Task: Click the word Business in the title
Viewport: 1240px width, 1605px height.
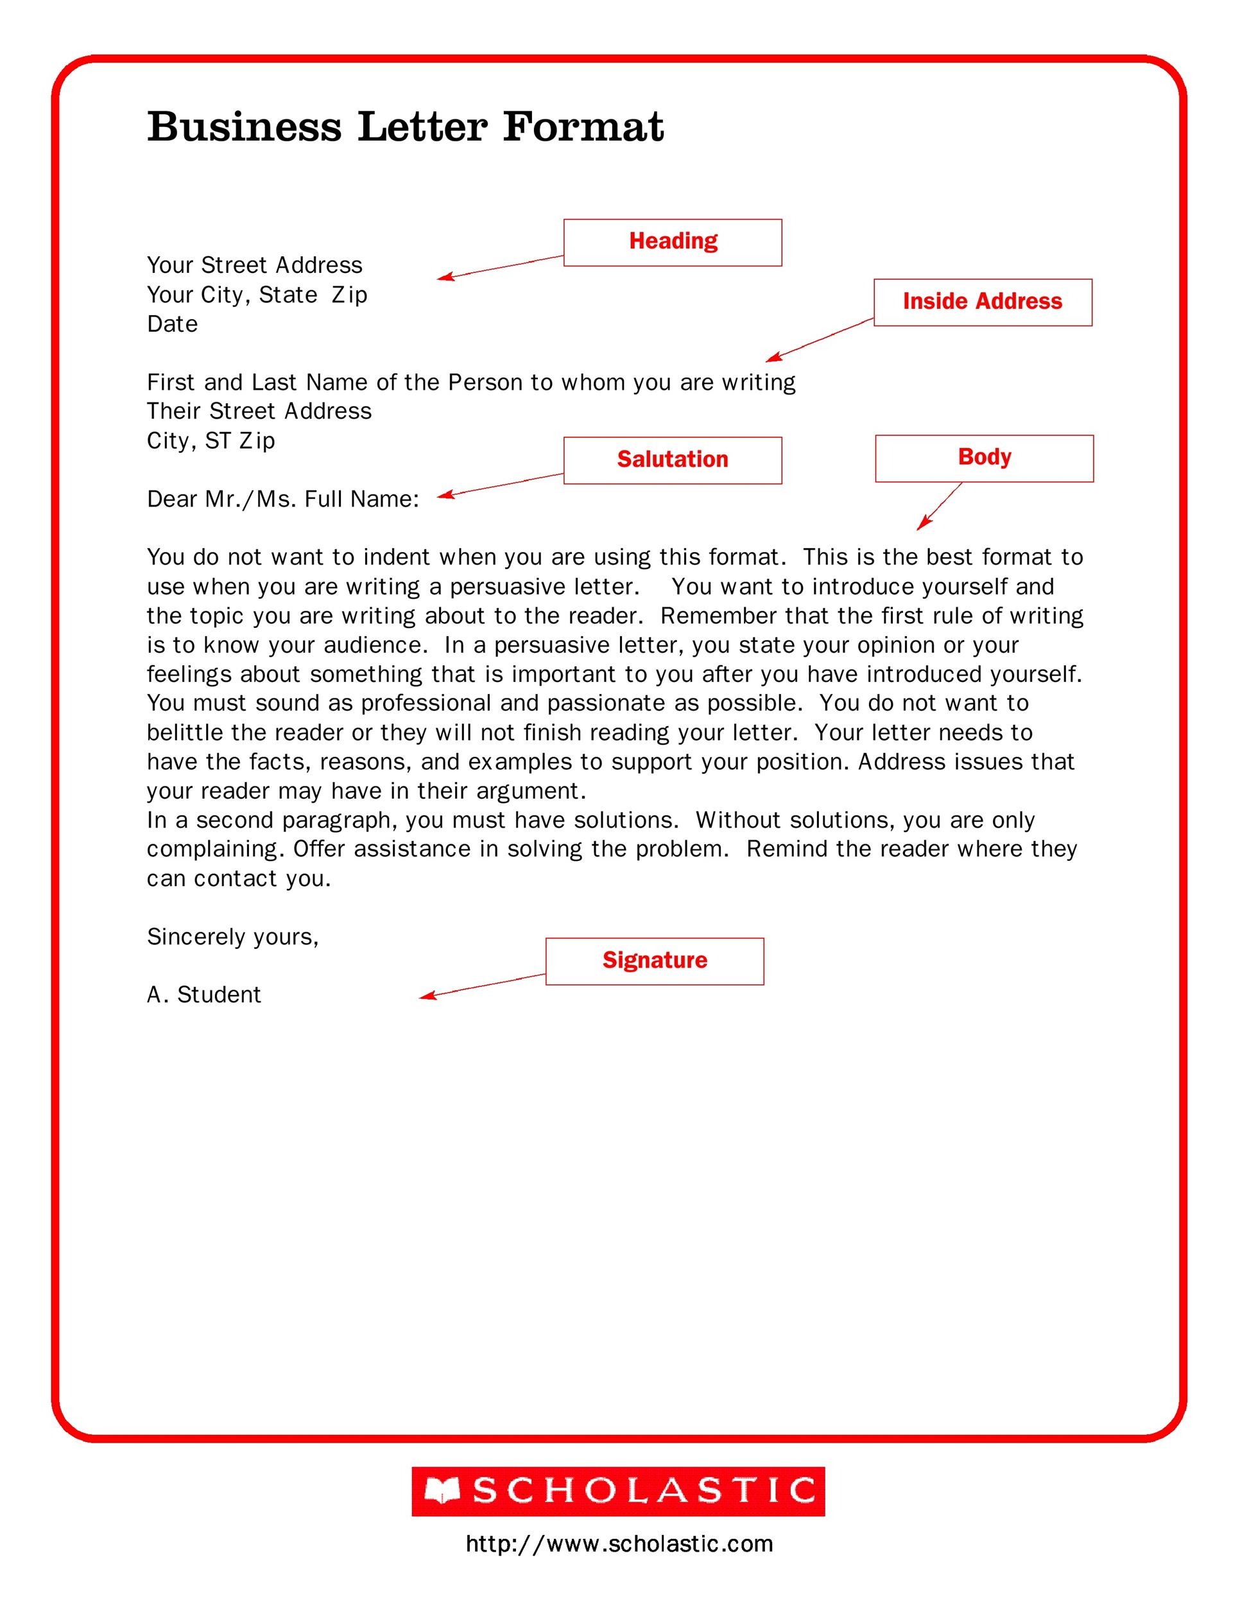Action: pyautogui.click(x=244, y=126)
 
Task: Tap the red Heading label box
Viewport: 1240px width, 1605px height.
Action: pyautogui.click(x=672, y=242)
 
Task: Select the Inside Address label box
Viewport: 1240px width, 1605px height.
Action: pyautogui.click(x=982, y=302)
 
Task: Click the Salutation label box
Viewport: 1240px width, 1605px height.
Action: pyautogui.click(x=672, y=460)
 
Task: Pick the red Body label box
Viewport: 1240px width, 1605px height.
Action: pyautogui.click(x=984, y=458)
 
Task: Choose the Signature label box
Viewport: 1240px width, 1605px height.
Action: pyautogui.click(x=654, y=960)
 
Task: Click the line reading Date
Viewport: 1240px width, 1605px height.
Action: pyautogui.click(x=173, y=324)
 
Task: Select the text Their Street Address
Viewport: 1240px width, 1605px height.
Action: pyautogui.click(x=259, y=411)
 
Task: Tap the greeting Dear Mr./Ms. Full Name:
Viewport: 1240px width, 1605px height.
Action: pyautogui.click(x=283, y=499)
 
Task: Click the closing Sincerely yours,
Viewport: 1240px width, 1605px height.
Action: pyautogui.click(x=232, y=936)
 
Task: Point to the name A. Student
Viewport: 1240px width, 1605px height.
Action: pyautogui.click(x=203, y=994)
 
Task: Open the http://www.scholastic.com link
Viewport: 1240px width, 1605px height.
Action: pyautogui.click(x=619, y=1544)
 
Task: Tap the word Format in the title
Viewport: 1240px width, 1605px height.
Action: pyautogui.click(x=583, y=126)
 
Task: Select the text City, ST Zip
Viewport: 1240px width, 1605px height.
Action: pyautogui.click(x=211, y=440)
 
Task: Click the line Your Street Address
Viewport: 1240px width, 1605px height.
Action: pyautogui.click(x=254, y=265)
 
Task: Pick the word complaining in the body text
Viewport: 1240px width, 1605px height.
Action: pyautogui.click(x=214, y=849)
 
